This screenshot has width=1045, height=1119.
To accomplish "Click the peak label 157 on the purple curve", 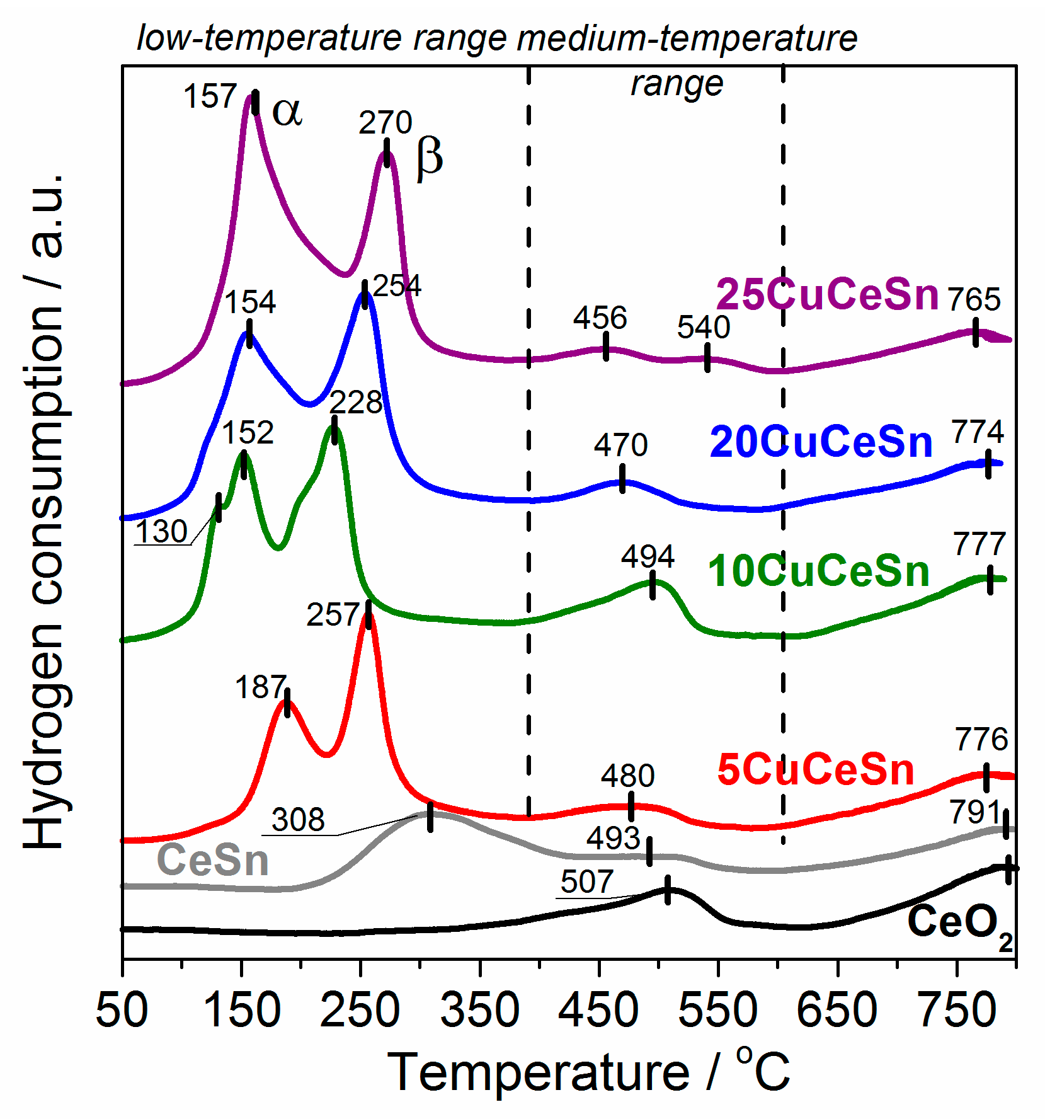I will click(x=210, y=97).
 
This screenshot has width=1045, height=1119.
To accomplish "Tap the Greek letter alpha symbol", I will click(x=287, y=112).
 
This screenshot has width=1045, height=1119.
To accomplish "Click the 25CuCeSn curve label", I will click(x=827, y=294).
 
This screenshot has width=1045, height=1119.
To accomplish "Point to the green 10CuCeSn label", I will click(x=818, y=571).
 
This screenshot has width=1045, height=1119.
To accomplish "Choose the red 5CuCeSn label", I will click(x=816, y=769).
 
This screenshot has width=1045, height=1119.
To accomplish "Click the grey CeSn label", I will click(x=213, y=860).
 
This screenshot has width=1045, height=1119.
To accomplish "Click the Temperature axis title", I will click(x=588, y=1073).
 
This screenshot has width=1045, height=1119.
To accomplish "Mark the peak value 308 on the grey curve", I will click(x=298, y=820).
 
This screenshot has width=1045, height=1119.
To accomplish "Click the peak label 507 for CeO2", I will click(x=586, y=881).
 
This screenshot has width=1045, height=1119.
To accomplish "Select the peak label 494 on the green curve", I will click(x=648, y=556).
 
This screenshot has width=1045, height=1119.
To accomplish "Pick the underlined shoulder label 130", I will click(x=161, y=531).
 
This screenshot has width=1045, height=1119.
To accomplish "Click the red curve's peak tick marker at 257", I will click(x=368, y=614).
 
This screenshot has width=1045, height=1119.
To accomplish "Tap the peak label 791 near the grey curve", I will click(x=974, y=812).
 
